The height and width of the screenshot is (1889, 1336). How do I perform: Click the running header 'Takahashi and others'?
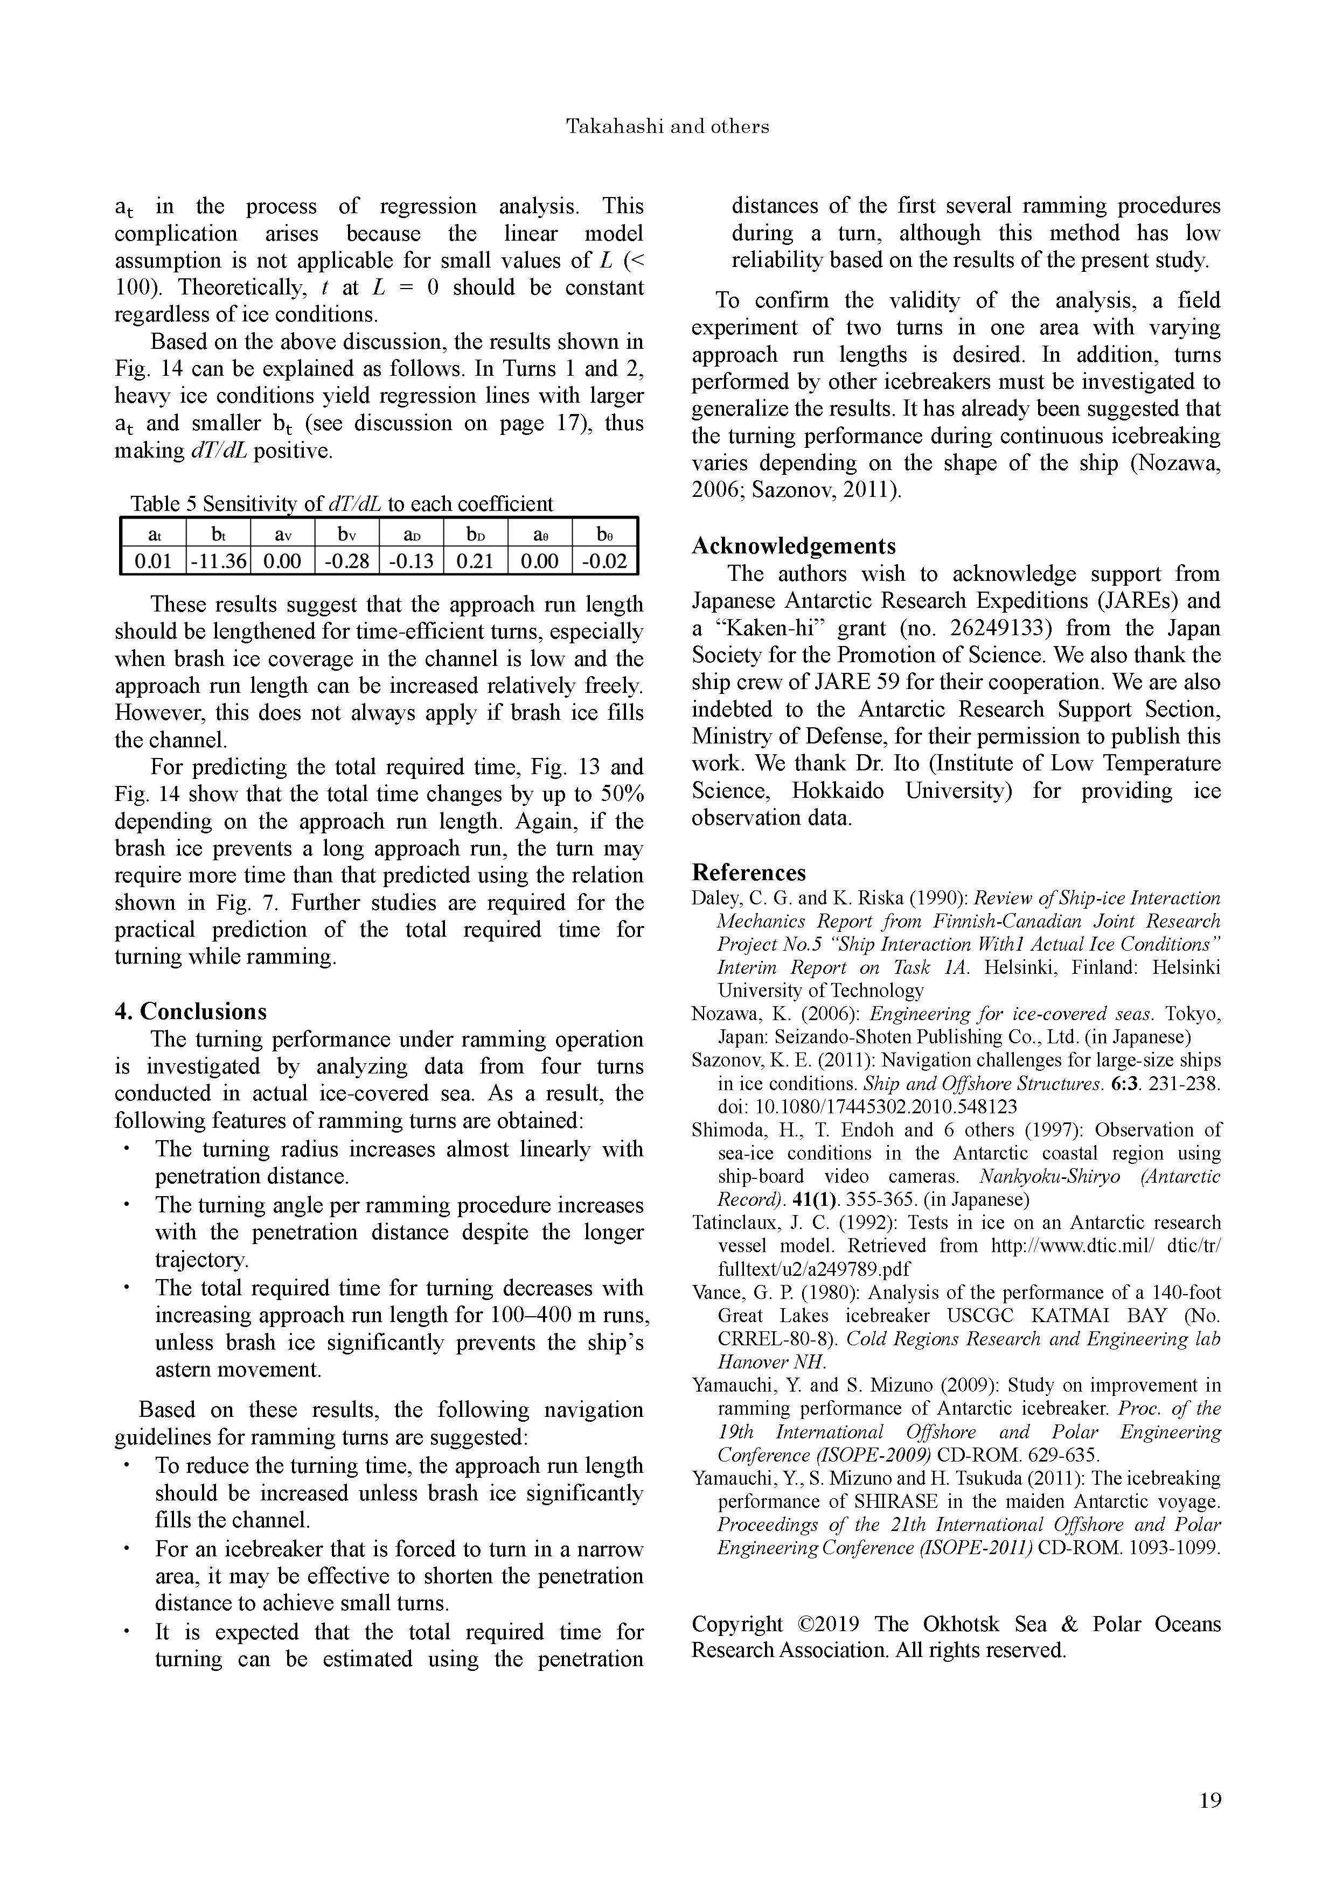(x=667, y=127)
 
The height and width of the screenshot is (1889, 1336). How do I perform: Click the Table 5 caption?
(x=342, y=503)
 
